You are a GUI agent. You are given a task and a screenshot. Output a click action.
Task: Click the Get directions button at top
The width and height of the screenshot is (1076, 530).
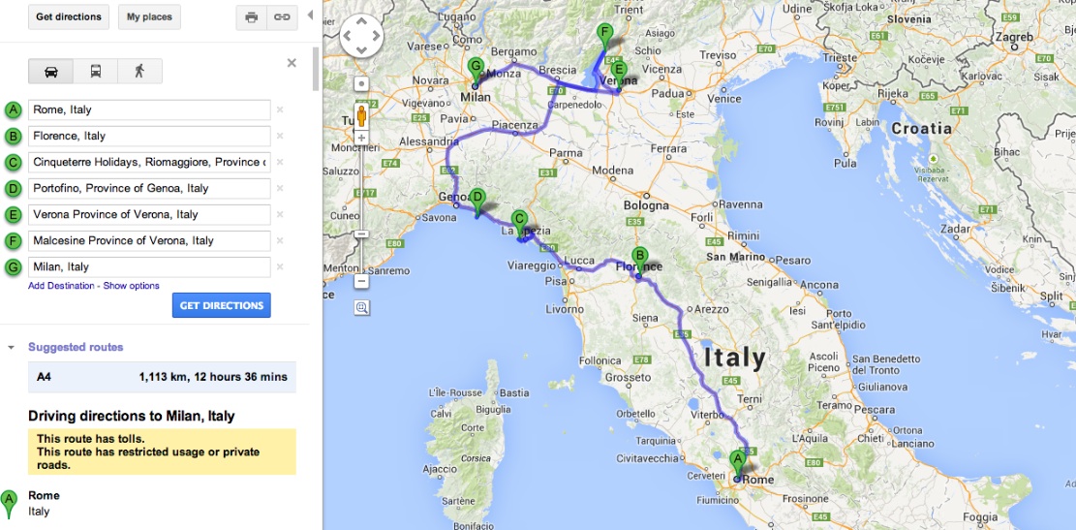[68, 16]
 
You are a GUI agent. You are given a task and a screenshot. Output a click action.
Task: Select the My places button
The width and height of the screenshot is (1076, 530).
[150, 16]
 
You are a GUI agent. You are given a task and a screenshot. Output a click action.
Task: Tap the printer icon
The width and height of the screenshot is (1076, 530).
[252, 17]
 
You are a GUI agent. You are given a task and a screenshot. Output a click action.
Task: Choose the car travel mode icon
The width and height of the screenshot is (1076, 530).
[50, 71]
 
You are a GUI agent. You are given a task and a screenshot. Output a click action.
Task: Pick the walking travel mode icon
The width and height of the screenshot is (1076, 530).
[139, 71]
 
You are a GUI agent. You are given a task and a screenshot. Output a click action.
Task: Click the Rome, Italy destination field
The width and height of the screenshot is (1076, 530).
[149, 109]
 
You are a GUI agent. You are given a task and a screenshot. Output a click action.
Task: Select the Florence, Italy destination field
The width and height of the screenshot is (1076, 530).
[149, 136]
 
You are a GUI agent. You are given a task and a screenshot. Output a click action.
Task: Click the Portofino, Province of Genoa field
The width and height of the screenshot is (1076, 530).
[149, 188]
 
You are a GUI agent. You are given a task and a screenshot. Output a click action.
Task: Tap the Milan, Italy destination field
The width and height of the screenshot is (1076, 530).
[149, 266]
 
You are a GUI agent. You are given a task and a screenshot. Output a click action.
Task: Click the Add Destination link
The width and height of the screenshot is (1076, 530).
[61, 286]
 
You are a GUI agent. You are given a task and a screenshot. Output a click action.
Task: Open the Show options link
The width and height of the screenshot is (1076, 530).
[132, 286]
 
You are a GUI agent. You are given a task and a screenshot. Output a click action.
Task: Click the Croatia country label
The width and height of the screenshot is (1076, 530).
[921, 128]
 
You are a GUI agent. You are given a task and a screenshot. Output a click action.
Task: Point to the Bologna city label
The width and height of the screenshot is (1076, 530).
[646, 205]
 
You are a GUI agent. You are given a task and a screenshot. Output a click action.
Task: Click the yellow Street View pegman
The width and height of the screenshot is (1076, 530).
[362, 116]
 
